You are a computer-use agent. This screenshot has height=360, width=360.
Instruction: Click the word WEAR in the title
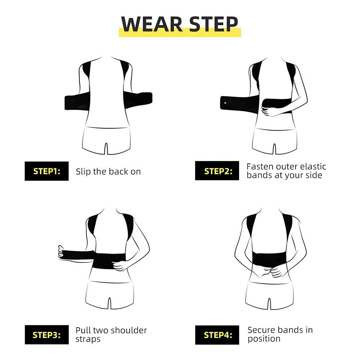click(152, 24)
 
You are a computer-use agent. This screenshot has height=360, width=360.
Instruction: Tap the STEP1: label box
click(46, 171)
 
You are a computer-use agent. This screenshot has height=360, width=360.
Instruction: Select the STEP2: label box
click(217, 171)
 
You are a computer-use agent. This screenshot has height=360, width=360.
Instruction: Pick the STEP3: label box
click(46, 335)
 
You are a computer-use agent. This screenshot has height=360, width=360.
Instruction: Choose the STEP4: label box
click(217, 335)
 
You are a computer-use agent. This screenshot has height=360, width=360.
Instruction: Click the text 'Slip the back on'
click(108, 171)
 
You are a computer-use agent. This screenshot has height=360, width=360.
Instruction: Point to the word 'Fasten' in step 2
click(260, 166)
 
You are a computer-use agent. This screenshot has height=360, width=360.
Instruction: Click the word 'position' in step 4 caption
click(264, 339)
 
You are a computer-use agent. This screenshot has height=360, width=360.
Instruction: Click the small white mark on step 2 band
click(225, 103)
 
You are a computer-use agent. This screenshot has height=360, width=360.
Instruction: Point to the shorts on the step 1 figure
click(107, 140)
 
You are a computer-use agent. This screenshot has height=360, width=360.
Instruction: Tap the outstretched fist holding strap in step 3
click(61, 253)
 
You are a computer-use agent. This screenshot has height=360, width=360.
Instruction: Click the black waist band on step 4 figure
click(269, 260)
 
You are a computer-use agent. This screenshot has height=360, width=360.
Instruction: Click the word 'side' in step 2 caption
click(314, 175)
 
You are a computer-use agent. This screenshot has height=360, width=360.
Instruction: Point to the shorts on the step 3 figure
click(109, 295)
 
